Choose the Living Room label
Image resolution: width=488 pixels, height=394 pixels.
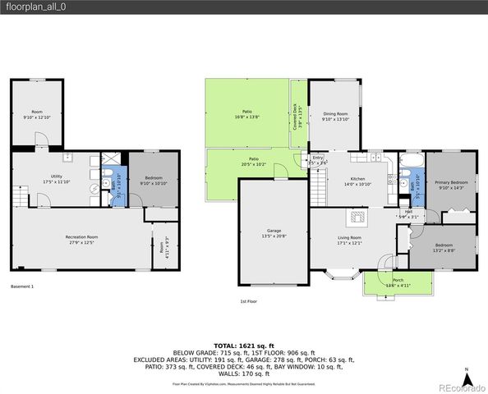[349, 240]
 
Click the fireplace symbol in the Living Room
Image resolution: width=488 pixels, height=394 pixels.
[357, 218]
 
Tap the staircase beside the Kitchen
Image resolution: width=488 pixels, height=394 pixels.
[317, 190]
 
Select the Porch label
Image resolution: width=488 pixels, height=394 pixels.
[398, 282]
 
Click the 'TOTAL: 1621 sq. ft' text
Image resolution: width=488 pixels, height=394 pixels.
[243, 346]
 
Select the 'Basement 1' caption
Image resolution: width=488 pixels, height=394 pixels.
[22, 286]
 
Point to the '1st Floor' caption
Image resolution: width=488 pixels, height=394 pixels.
[248, 302]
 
